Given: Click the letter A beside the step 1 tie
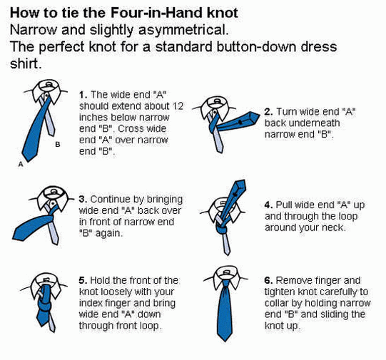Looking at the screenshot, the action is tap(21, 164).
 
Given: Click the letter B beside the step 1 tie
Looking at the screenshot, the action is tap(58, 144).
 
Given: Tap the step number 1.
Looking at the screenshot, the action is tap(83, 95).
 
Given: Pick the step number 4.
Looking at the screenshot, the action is tap(268, 205).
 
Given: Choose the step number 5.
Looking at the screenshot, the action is tap(83, 281).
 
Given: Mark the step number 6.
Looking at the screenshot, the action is tap(268, 281).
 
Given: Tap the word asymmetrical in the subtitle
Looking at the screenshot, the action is tap(183, 30).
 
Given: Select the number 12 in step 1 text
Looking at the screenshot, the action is tap(178, 106).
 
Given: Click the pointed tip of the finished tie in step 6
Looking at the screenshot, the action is tap(225, 341).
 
